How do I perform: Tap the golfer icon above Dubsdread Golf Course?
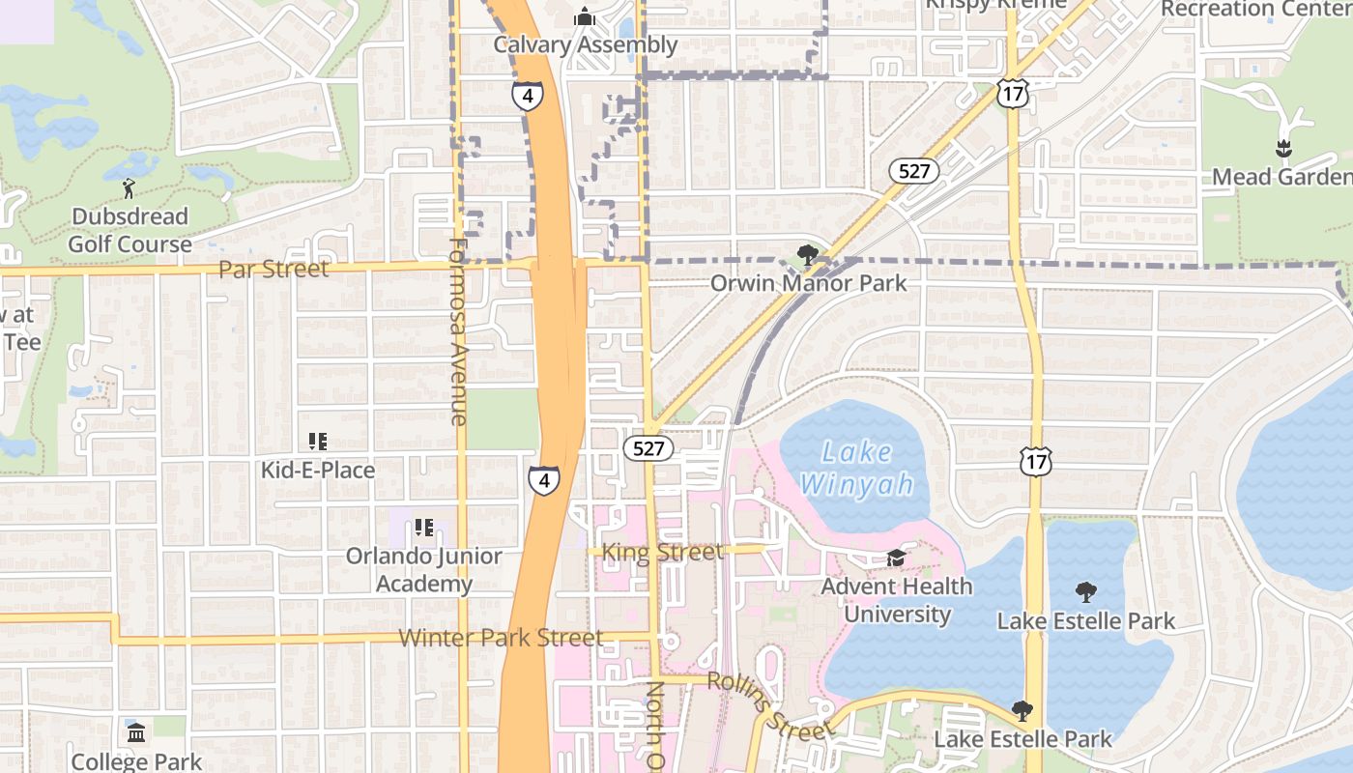coord(130,187)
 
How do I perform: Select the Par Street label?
coord(273,269)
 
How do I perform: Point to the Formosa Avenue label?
coord(458,330)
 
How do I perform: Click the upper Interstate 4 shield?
coord(528,95)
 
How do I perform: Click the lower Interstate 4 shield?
coord(544,480)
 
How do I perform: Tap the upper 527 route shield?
coord(913,171)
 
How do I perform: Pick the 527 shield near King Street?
coord(648,448)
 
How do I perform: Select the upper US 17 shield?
coord(1012,94)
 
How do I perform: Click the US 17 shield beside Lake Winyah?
coord(1035,462)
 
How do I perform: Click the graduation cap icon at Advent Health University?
coord(896,558)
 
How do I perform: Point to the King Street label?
coord(662,552)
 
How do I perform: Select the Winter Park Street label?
coord(501,638)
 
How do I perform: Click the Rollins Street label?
coord(769,705)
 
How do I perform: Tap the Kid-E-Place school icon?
coord(318,442)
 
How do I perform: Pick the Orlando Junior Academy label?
coord(423,570)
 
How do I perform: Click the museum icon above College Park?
coord(136,732)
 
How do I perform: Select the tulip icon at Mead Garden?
coord(1283,150)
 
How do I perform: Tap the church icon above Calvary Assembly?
coord(585,16)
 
